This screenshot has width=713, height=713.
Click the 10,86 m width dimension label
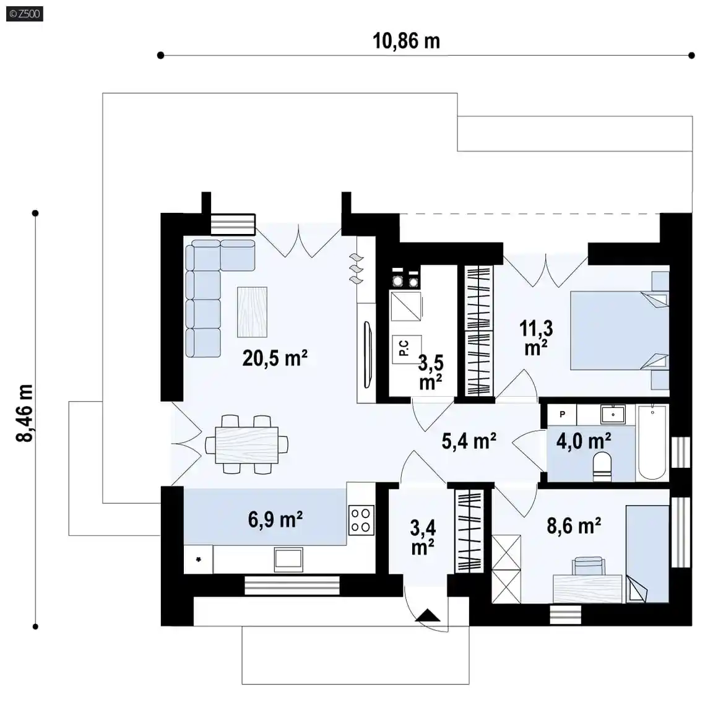tap(407, 41)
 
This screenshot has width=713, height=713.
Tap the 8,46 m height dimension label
tap(25, 413)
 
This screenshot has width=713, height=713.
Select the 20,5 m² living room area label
tap(275, 358)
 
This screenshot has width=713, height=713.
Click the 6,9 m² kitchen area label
tap(275, 519)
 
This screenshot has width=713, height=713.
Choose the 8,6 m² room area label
tap(574, 525)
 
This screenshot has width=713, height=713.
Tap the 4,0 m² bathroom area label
tap(584, 441)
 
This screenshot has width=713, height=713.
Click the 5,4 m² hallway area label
tap(469, 441)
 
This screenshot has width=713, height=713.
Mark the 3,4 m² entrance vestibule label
tap(423, 538)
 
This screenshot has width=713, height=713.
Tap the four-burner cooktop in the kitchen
tap(361, 520)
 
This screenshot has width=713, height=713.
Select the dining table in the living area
tap(246, 445)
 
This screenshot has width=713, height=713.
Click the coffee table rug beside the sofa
tap(252, 312)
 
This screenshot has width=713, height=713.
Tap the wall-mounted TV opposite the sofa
tap(368, 355)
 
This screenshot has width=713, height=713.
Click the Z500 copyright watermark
tap(25, 14)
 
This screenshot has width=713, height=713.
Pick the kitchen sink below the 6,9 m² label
tap(288, 560)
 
